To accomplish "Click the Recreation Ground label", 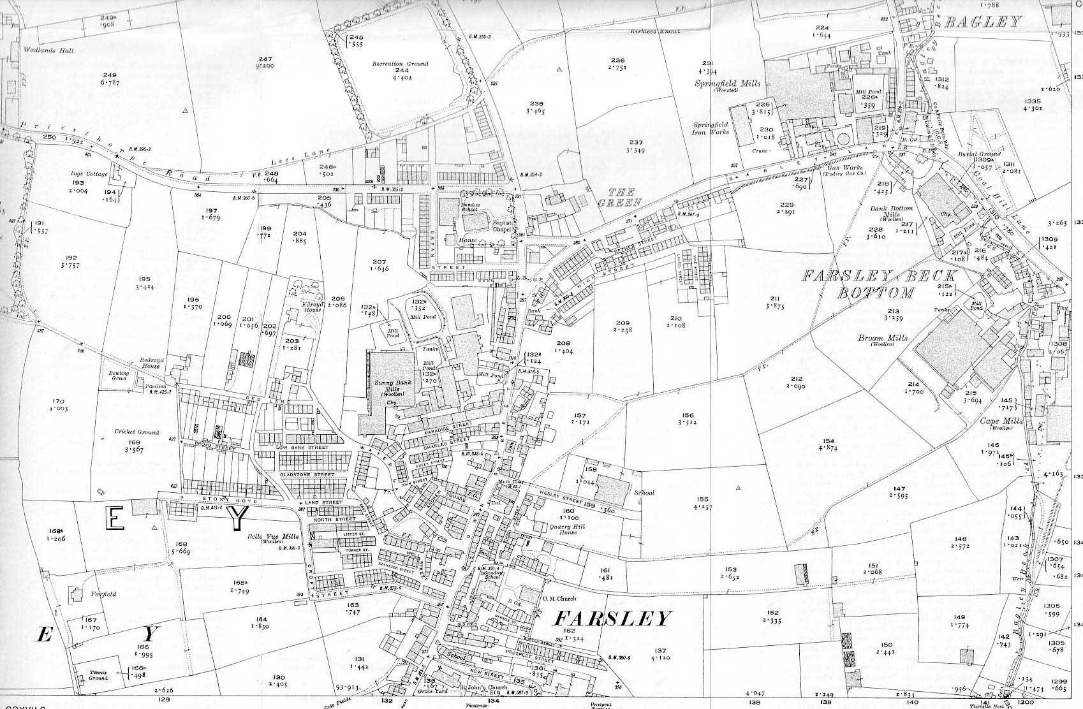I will click(x=401, y=64).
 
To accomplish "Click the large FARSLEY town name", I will click(x=612, y=618).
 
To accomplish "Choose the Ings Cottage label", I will click(x=89, y=173).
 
